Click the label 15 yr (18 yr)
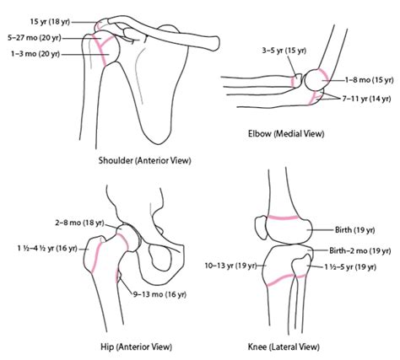(x=50, y=22)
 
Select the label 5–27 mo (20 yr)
(x=35, y=38)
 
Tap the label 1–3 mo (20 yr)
(x=35, y=54)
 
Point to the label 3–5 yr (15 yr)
(x=284, y=51)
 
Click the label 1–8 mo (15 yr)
(x=369, y=80)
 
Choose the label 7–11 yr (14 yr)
(x=366, y=99)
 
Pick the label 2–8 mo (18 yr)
(x=79, y=223)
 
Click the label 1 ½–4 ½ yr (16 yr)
(x=47, y=249)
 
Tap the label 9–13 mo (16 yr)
(x=159, y=294)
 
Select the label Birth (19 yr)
(x=354, y=230)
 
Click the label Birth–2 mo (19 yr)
(x=360, y=250)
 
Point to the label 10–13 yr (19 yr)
(x=230, y=266)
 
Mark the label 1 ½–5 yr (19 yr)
(x=350, y=267)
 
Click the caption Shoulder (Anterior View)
(x=144, y=161)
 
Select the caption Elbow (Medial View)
(x=286, y=133)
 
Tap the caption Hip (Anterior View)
(x=136, y=347)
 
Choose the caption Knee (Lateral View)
(x=284, y=347)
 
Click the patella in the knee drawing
(x=261, y=228)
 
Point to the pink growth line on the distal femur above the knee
(x=283, y=218)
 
